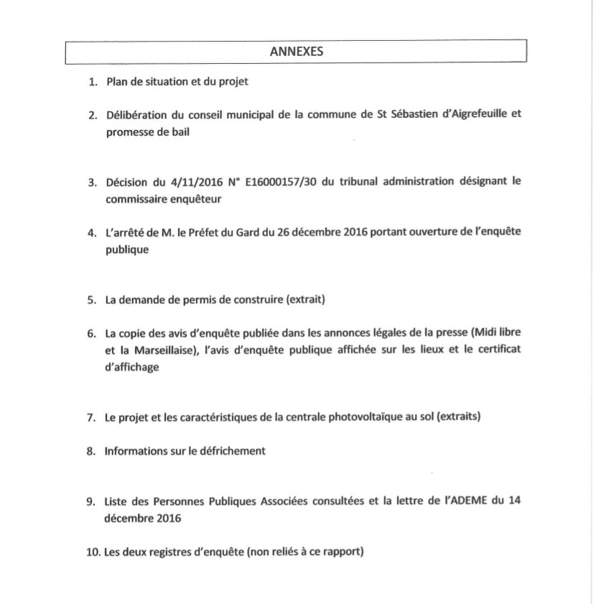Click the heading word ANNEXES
(296, 52)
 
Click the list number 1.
(92, 83)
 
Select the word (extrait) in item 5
(304, 299)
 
